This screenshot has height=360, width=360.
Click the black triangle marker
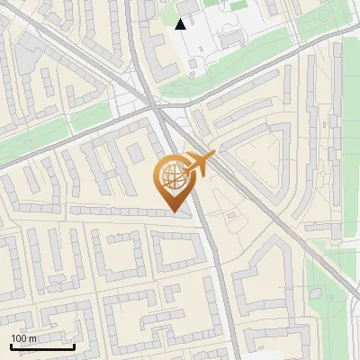[x=181, y=23]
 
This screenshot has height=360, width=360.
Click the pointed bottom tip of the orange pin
[x=176, y=212]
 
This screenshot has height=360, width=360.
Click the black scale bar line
[x=42, y=346]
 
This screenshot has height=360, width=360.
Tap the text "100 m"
[x=24, y=338]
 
